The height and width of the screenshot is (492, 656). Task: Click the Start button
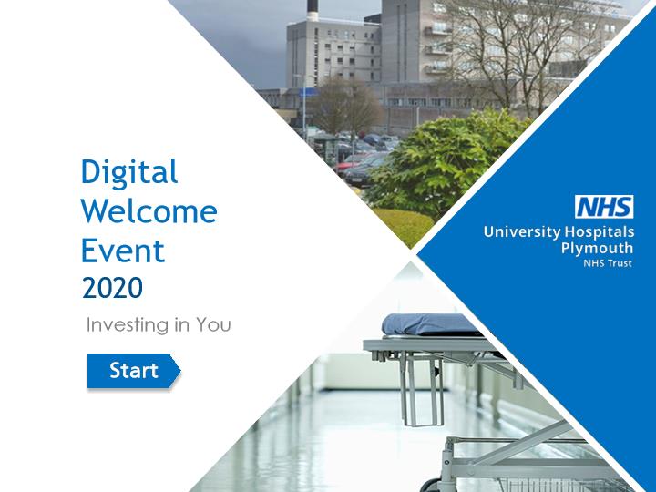[x=134, y=371]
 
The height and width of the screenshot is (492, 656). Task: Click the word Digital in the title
[x=129, y=172]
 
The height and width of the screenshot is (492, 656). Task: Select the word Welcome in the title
[x=149, y=211]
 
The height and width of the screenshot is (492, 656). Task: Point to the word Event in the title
[x=123, y=251]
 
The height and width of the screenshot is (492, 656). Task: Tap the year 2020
[x=113, y=288]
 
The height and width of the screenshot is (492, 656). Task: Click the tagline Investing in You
[x=159, y=325]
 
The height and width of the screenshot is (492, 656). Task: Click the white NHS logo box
[x=604, y=207]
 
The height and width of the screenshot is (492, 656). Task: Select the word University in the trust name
[x=522, y=231]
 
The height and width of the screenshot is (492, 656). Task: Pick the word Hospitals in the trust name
[x=600, y=231]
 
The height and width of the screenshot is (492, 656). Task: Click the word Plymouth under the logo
[x=597, y=248]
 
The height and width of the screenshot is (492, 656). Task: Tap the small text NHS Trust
[x=608, y=263]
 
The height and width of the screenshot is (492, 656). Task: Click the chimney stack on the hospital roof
[x=313, y=10]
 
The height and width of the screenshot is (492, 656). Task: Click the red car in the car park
[x=348, y=166]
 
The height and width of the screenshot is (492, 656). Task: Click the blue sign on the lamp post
[x=309, y=92]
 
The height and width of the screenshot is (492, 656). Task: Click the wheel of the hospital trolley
[x=431, y=486]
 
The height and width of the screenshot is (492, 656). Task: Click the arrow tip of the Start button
[x=180, y=371]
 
